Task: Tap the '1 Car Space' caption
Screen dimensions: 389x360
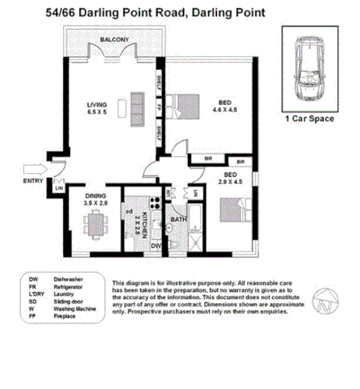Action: [x=310, y=120]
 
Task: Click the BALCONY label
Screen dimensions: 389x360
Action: [x=114, y=41]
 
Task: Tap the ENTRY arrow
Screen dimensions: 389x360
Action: [x=33, y=169]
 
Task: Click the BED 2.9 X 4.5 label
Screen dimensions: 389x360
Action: [x=231, y=178]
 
